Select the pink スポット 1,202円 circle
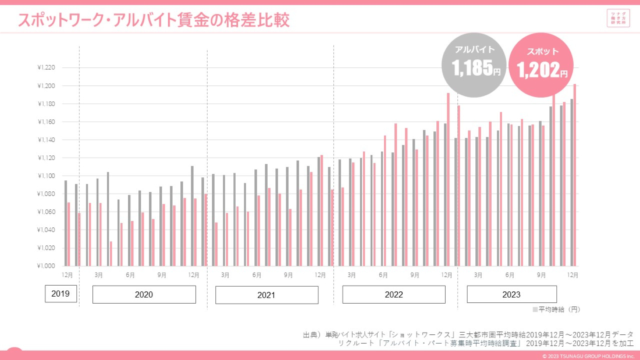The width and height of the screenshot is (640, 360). click(541, 64)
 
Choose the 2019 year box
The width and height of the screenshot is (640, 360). click(61, 294)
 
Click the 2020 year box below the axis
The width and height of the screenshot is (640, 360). click(144, 295)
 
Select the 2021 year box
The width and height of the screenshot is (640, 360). click(266, 295)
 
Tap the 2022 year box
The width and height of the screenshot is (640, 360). click(394, 295)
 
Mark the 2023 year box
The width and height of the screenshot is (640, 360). click(511, 295)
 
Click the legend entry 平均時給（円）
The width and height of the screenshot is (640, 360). click(556, 309)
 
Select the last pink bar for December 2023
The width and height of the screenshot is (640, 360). click(575, 174)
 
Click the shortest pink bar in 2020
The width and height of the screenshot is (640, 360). click(111, 254)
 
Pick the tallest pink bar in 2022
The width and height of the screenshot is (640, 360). click(448, 179)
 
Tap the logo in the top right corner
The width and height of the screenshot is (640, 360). click(617, 18)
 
